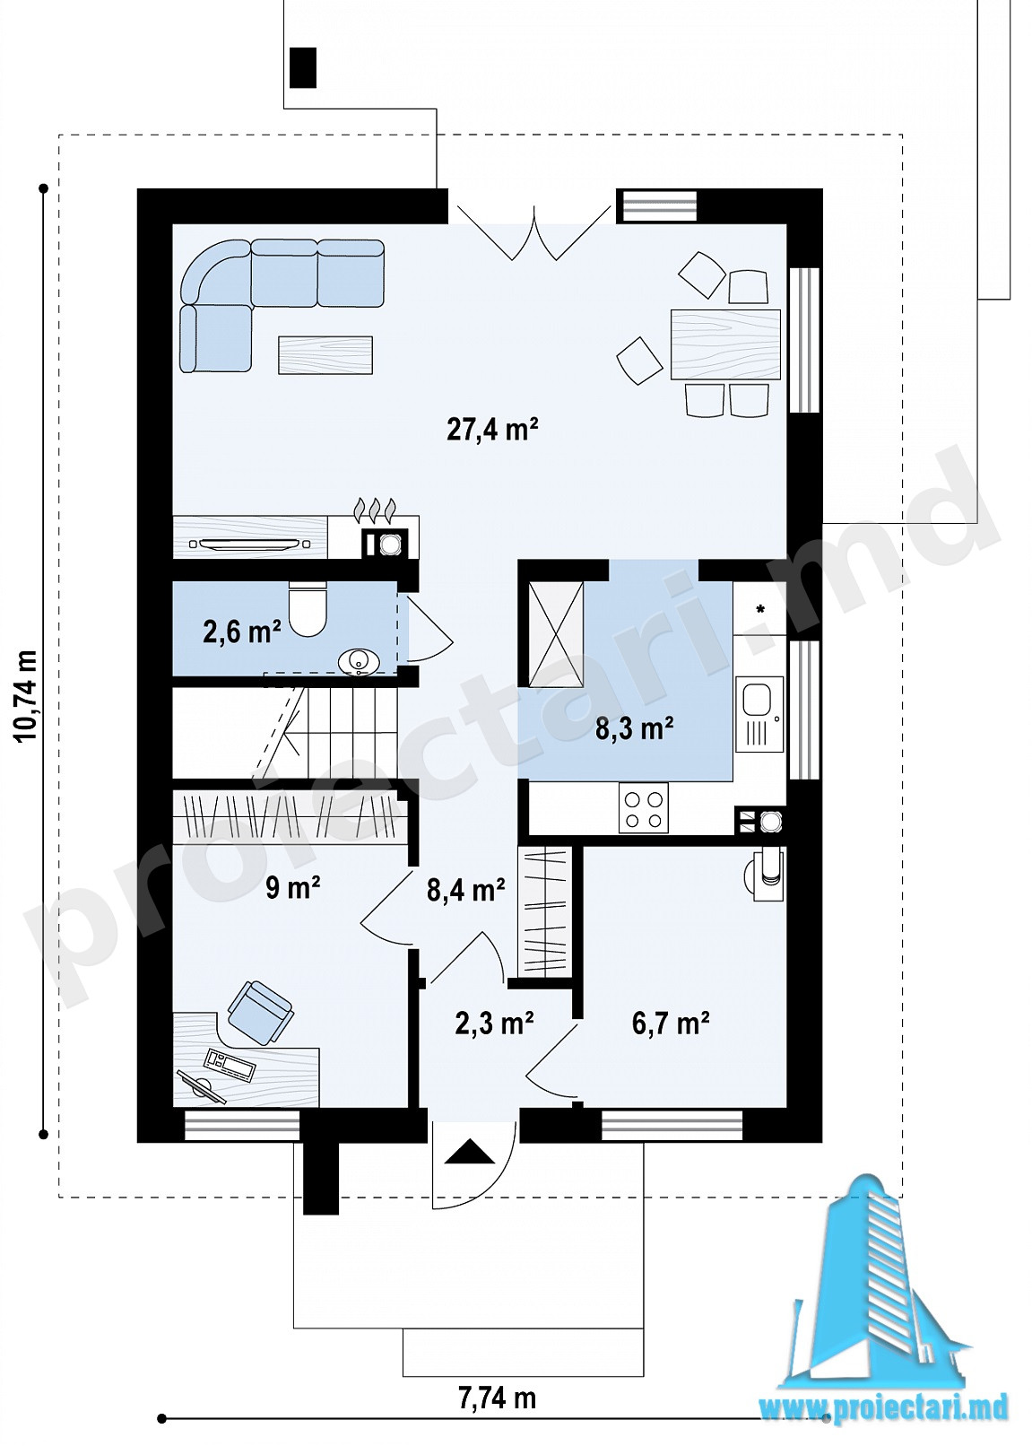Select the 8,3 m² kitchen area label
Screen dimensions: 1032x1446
click(x=635, y=728)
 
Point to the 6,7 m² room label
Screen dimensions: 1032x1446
click(x=671, y=1023)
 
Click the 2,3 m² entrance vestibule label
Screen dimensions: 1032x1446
click(x=494, y=1023)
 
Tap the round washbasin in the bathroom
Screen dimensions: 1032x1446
click(x=359, y=662)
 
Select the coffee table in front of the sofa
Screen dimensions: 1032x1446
click(x=325, y=355)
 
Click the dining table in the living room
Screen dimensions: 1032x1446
click(x=725, y=344)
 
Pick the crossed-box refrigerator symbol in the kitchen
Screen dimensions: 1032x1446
click(x=556, y=634)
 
